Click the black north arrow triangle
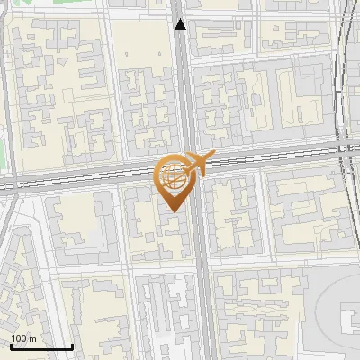tap(181, 24)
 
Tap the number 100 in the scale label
tap(19, 338)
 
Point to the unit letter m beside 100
tap(32, 338)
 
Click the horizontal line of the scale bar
tap(40, 347)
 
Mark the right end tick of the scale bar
tap(73, 346)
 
